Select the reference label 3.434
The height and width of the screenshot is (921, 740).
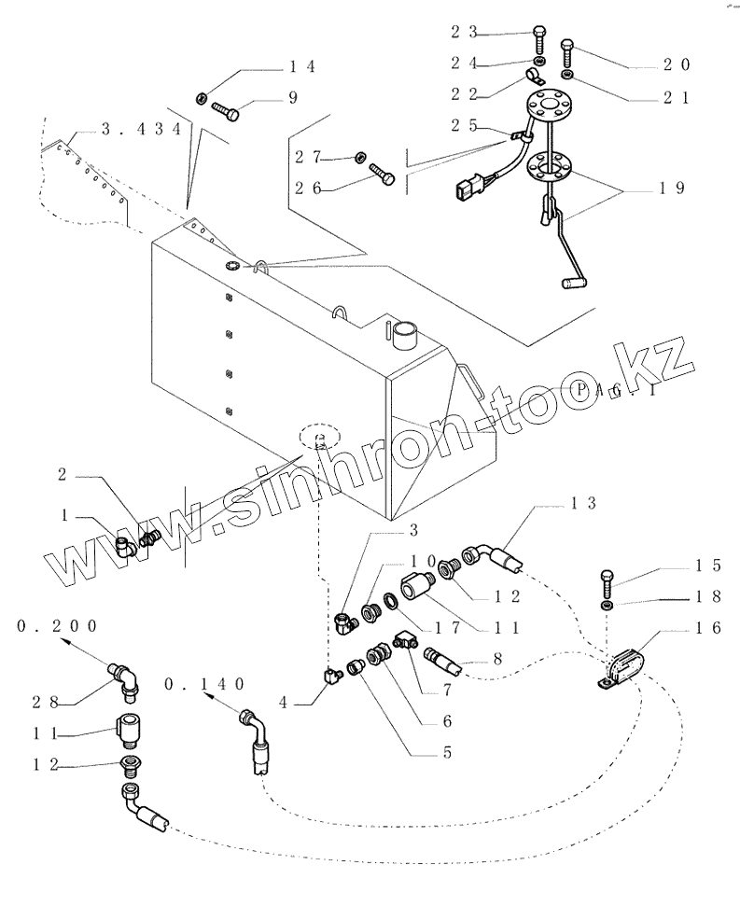[x=140, y=131]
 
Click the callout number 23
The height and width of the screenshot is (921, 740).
[x=466, y=31]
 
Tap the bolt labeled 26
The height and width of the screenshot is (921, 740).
[x=382, y=174]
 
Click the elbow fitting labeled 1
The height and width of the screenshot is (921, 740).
[x=124, y=547]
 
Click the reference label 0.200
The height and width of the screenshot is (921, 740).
[x=57, y=626]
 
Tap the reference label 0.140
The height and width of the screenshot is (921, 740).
[x=205, y=684]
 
